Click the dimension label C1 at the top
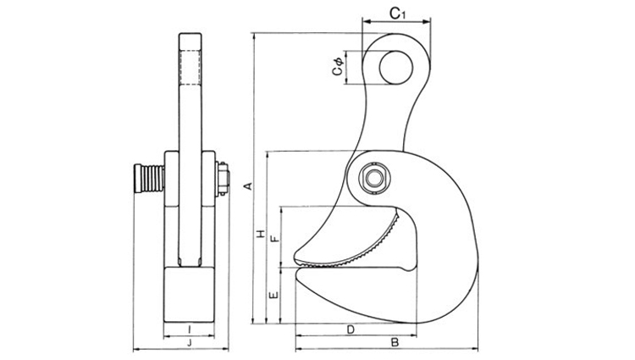(397, 14)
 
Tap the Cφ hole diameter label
(338, 66)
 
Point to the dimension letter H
(262, 234)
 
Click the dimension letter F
(275, 238)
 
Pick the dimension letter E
(274, 295)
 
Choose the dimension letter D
(351, 330)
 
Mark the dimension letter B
(395, 342)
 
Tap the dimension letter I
(189, 330)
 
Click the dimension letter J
(189, 343)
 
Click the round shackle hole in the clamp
(396, 68)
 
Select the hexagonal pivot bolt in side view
(374, 178)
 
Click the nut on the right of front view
(223, 179)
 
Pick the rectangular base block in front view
(189, 295)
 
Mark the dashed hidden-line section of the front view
(190, 67)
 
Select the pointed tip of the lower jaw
(297, 274)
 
